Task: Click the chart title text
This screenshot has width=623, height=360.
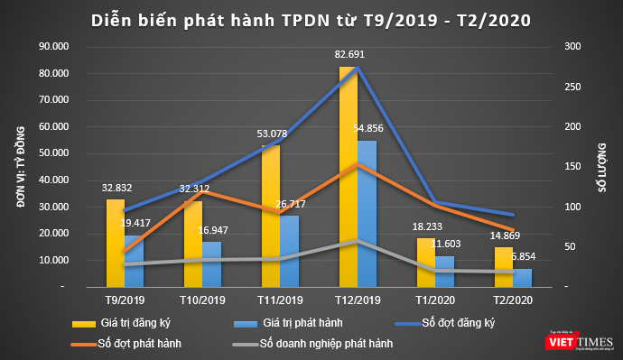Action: [311, 18]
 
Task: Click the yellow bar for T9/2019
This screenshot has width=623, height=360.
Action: [115, 244]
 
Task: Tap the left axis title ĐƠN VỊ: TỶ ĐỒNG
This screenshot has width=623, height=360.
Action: [19, 166]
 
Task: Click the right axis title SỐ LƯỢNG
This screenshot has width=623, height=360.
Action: [599, 166]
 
